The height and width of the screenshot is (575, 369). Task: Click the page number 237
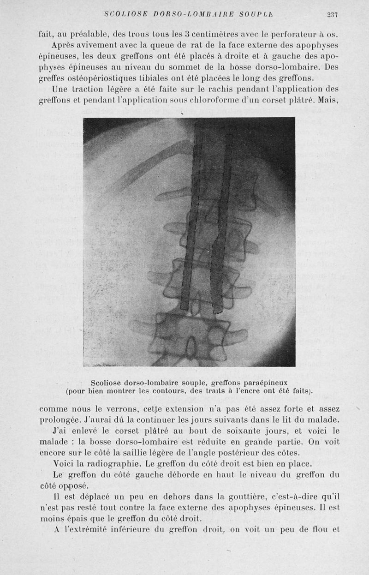point(332,15)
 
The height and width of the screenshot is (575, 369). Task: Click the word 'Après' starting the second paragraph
point(66,45)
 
